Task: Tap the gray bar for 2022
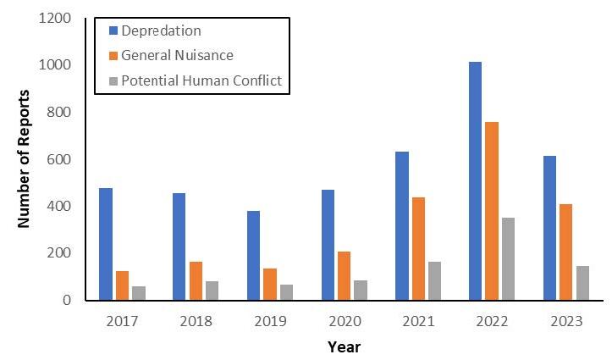(x=508, y=258)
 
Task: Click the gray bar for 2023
(x=582, y=283)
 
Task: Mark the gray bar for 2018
(x=212, y=291)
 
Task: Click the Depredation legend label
(x=162, y=30)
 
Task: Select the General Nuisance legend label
(x=177, y=55)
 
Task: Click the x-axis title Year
(x=344, y=346)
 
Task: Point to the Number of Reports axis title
(x=24, y=158)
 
